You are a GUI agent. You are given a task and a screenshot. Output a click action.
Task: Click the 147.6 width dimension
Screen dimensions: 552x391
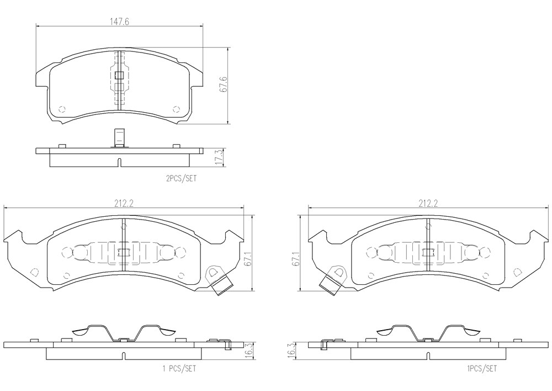pos(120,22)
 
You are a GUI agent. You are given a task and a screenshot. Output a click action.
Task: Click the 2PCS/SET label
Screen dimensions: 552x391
pos(181,179)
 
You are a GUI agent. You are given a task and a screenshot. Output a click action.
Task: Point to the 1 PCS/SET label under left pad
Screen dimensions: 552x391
pos(179,369)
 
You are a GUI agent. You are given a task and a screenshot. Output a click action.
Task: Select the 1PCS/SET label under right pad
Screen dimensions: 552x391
pos(482,369)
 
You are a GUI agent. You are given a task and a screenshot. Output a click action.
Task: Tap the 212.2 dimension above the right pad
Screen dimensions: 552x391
pos(428,204)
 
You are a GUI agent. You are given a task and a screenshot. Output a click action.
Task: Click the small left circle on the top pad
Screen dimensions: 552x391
pos(62,108)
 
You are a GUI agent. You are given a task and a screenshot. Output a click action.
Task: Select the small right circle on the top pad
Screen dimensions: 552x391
pos(176,108)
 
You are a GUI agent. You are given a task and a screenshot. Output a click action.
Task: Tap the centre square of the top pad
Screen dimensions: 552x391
pos(120,75)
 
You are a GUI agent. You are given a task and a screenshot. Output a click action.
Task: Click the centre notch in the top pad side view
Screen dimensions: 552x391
pos(120,163)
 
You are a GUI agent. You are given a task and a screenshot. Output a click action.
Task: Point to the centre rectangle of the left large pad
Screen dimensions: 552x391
pos(123,252)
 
